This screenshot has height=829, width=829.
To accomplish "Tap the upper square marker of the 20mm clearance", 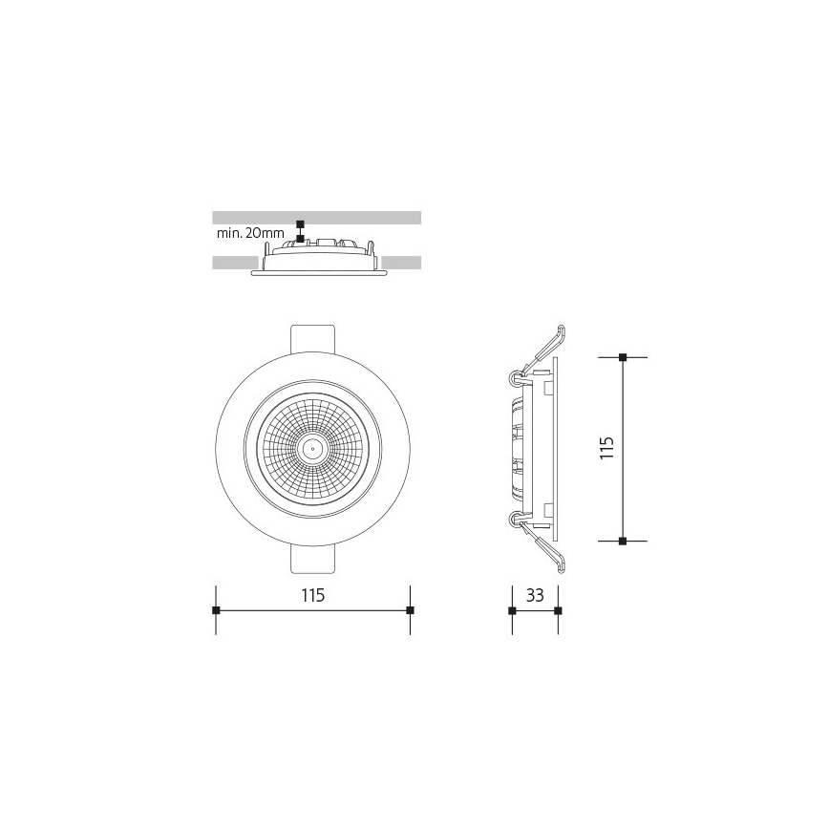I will pos(301,223).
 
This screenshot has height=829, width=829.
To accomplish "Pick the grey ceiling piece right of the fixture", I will pos(401,262).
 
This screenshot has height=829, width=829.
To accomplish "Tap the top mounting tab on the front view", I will pos(312,338).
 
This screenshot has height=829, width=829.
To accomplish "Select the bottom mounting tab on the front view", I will pos(312,560).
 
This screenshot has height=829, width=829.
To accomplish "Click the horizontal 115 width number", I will pos(313,596).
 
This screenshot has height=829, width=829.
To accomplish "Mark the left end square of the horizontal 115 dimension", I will pos(217,610).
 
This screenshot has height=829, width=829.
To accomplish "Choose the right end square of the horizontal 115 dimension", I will pos(410,610).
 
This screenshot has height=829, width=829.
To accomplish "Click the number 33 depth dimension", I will pos(535,596).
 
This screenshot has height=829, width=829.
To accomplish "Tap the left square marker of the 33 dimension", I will pos(512,610).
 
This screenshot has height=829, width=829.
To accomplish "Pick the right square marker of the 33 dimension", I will pos(558,610).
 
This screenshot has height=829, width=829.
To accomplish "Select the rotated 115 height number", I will pos(607,448).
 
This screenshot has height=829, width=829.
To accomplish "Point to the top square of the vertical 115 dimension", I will pos(623,357).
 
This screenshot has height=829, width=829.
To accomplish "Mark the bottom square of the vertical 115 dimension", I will pos(623,542).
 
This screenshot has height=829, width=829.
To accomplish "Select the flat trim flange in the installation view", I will pos(318,273).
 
